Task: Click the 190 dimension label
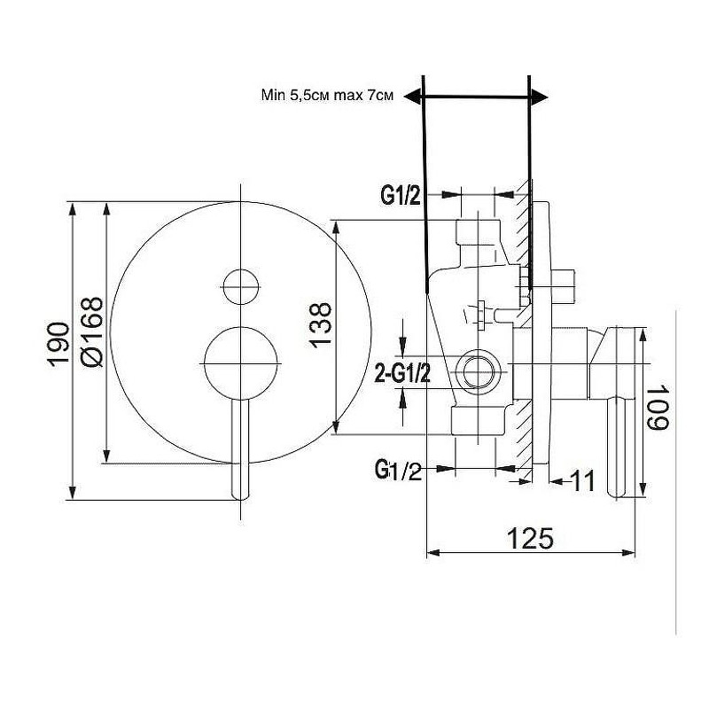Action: (x=58, y=343)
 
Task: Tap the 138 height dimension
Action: (x=321, y=325)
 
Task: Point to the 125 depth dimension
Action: (x=530, y=538)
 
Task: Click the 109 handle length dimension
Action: (x=657, y=408)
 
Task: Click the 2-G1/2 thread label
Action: (x=403, y=373)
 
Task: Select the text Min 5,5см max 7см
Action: (x=327, y=95)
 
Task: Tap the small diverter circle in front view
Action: (x=241, y=287)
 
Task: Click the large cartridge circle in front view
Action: (x=241, y=363)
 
